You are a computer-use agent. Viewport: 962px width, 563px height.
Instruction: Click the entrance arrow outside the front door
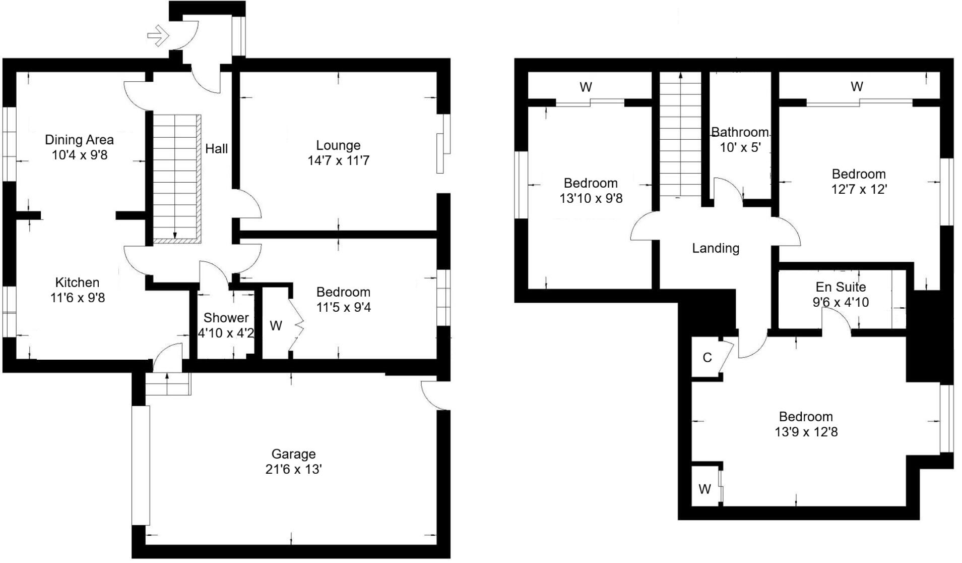click(158, 35)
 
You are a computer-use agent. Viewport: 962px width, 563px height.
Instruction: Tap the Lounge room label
click(338, 145)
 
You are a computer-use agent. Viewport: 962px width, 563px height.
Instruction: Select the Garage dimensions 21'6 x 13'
click(293, 470)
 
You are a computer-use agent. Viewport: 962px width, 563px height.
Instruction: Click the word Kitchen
click(77, 283)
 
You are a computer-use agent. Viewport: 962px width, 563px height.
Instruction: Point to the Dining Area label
click(79, 140)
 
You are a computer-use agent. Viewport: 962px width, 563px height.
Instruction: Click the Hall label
click(216, 149)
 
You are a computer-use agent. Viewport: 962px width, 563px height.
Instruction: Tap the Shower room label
click(226, 318)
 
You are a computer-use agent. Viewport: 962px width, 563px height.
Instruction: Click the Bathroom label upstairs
click(740, 133)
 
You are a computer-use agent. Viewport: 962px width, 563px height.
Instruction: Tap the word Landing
click(716, 248)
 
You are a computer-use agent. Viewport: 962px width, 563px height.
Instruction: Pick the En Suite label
click(841, 287)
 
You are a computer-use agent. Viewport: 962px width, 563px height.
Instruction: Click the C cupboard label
click(707, 358)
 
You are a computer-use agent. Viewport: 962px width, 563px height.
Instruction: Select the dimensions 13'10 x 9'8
click(591, 199)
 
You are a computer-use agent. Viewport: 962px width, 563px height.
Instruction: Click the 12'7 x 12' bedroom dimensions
click(859, 190)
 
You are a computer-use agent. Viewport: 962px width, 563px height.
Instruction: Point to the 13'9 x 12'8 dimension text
click(806, 432)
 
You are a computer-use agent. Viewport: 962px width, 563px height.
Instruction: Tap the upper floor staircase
click(680, 136)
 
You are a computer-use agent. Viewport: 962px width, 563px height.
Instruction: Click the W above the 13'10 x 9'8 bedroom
click(586, 87)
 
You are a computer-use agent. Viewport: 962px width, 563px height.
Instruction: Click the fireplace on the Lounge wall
click(440, 153)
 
